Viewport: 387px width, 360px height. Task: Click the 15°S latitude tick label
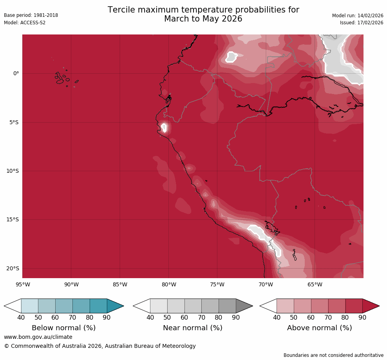pos(13,220)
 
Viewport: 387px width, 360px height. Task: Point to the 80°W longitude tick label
pos(169,284)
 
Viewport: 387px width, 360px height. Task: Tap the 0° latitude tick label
pos(16,74)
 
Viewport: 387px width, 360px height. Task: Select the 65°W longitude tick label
pos(315,284)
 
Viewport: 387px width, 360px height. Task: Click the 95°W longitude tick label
pos(23,284)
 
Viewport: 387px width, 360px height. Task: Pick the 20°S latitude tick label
pos(13,269)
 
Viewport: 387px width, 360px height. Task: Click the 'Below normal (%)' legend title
pos(64,328)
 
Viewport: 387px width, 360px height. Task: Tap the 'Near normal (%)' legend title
pos(193,328)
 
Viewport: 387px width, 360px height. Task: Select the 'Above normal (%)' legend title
pos(320,328)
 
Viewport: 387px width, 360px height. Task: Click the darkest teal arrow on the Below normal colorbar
pos(115,306)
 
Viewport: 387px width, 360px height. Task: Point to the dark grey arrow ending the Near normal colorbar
pos(244,306)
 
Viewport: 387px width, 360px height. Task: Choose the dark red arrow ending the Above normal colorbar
pos(370,306)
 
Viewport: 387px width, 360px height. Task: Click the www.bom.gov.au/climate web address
pos(38,337)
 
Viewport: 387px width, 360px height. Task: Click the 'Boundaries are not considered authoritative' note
pos(333,355)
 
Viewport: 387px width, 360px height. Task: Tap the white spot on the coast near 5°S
pos(164,127)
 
